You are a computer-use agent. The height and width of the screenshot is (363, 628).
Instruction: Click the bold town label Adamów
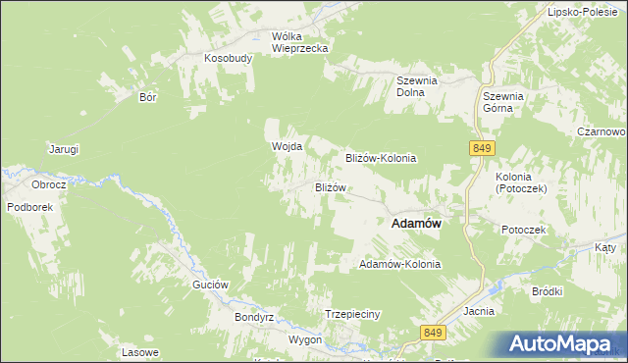415,224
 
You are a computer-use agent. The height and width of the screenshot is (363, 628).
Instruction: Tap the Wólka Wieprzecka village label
299,41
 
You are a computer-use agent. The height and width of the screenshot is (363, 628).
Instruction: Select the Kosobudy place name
229,58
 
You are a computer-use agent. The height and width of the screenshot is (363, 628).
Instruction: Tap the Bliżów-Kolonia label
382,157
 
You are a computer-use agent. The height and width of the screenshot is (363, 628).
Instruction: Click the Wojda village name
286,146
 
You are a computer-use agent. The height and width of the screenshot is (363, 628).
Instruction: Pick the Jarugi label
64,149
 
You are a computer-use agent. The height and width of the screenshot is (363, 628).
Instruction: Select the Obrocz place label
48,184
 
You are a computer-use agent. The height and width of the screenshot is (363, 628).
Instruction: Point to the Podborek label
28,207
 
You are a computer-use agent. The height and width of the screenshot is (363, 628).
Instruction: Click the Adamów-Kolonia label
400,265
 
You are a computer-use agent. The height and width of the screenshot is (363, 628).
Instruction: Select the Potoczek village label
523,229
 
